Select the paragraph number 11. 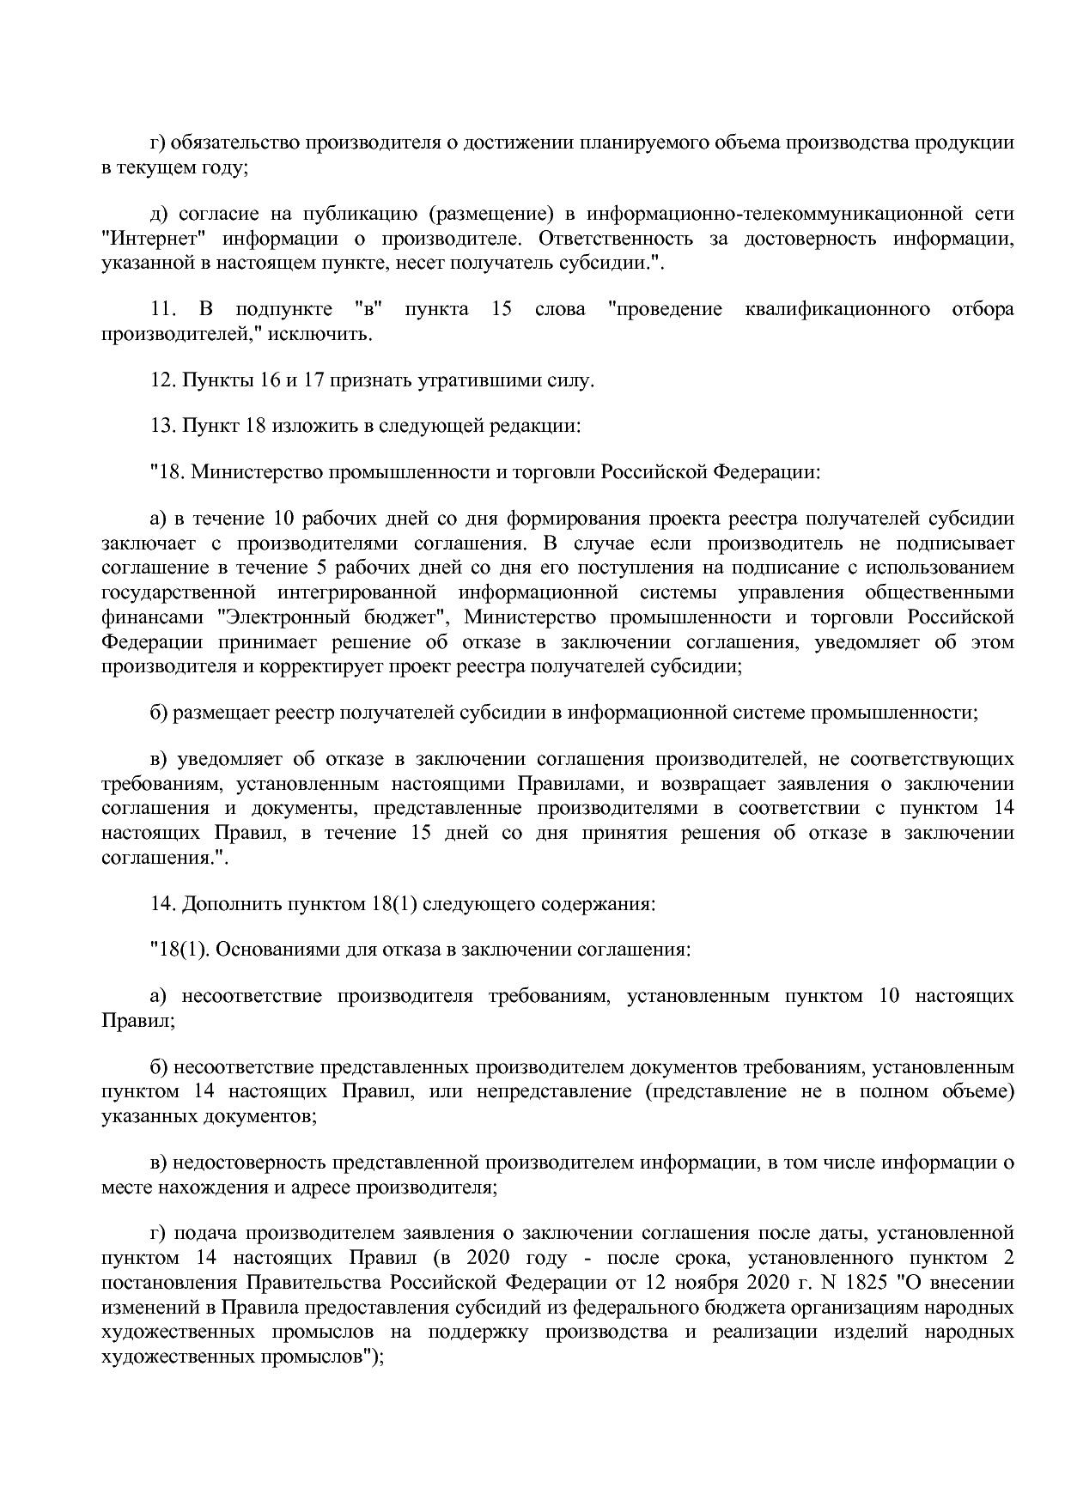tap(163, 309)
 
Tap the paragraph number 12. tap(161, 380)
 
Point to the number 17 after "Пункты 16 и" tap(310, 380)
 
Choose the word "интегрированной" tap(357, 592)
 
